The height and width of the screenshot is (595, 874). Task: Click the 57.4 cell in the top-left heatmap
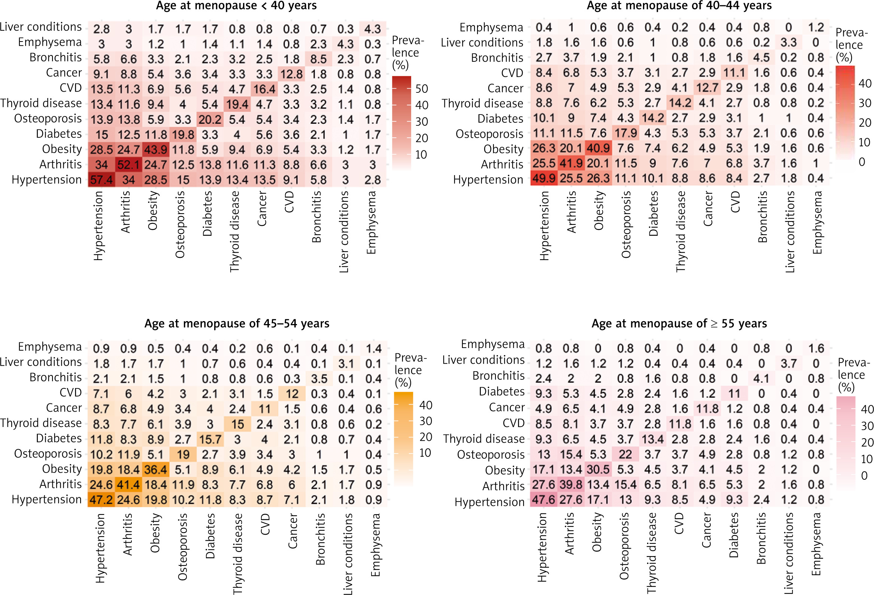[101, 180]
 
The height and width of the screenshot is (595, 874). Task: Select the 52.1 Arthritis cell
[128, 165]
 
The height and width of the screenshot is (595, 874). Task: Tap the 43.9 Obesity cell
[156, 150]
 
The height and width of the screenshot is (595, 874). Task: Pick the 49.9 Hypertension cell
[544, 178]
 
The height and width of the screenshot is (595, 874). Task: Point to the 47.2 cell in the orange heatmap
[101, 500]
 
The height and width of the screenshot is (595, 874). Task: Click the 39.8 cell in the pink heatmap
[571, 485]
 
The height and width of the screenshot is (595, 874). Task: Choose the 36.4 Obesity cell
[156, 470]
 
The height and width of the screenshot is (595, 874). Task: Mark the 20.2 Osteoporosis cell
[210, 119]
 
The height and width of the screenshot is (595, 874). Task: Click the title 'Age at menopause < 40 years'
[236, 6]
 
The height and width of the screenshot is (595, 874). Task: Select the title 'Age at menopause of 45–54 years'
[237, 324]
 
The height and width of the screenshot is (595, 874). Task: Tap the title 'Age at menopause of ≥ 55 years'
[679, 324]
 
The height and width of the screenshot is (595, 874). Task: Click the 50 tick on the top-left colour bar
[422, 89]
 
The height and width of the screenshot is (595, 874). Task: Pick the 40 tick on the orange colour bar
[426, 405]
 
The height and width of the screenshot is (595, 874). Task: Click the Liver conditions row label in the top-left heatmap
[40, 27]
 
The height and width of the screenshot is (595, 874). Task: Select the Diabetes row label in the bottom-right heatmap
[502, 392]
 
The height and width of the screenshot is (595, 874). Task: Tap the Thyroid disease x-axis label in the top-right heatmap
[681, 231]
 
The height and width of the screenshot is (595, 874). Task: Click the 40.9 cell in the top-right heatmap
[598, 148]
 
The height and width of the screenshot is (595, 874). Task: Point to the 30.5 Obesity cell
[598, 470]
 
